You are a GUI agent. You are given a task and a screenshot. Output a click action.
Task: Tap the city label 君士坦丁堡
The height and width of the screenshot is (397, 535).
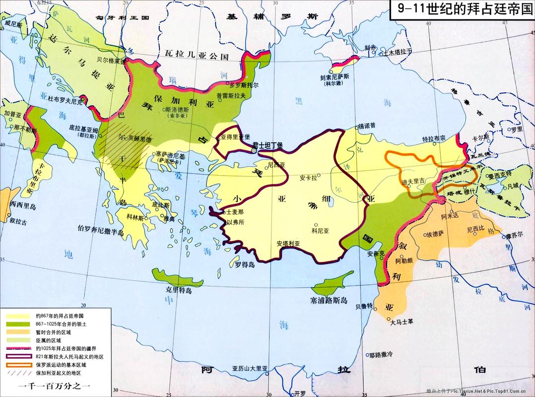point(267,145)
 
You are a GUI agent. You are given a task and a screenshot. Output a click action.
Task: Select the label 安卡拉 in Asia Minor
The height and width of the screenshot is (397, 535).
point(309,177)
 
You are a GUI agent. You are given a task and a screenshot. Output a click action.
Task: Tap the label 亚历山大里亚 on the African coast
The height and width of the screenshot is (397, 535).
point(250,368)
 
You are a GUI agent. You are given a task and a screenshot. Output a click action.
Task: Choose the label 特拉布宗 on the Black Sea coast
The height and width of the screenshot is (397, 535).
point(434,138)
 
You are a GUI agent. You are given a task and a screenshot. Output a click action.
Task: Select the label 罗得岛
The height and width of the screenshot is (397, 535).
point(244,265)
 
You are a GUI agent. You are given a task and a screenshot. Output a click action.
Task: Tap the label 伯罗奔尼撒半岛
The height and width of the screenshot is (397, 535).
point(104,229)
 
